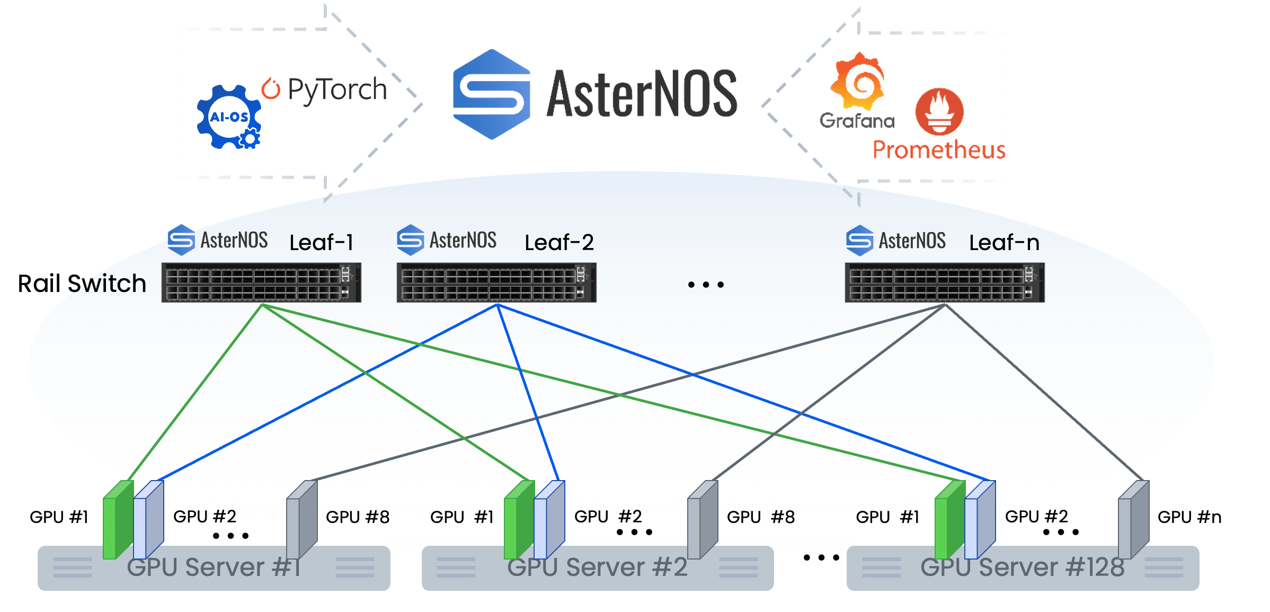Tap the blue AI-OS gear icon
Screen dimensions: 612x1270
pyautogui.click(x=229, y=117)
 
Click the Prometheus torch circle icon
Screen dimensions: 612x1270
pyautogui.click(x=939, y=112)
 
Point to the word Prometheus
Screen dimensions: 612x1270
pyautogui.click(x=939, y=150)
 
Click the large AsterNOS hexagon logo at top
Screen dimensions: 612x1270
pyautogui.click(x=492, y=94)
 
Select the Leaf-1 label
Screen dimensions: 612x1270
pyautogui.click(x=321, y=243)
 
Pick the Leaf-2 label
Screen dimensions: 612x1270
pyautogui.click(x=559, y=243)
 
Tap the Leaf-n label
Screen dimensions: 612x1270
pyautogui.click(x=1004, y=243)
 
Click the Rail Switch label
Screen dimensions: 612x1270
pyautogui.click(x=82, y=283)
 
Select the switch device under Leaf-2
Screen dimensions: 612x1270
pyautogui.click(x=496, y=282)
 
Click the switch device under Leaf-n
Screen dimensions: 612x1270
pyautogui.click(x=945, y=282)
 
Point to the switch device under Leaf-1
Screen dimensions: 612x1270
pyautogui.click(x=261, y=282)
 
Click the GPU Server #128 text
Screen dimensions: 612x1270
pyautogui.click(x=1023, y=567)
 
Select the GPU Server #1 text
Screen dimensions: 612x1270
pyautogui.click(x=214, y=567)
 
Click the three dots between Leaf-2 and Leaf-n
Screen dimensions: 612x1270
pyautogui.click(x=706, y=285)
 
